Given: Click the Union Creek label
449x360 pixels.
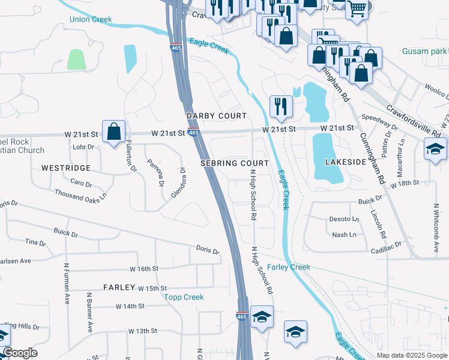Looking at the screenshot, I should tap(91, 19).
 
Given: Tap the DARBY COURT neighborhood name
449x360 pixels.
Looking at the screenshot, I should tap(216, 116).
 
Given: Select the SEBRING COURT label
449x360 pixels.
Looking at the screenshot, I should tap(234, 163).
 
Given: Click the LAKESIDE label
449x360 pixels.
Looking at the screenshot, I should tap(345, 162).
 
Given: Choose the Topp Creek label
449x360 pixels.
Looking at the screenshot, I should tap(185, 297).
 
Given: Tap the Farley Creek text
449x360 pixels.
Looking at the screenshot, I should tap(288, 267).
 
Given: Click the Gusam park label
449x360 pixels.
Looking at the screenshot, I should tap(425, 51).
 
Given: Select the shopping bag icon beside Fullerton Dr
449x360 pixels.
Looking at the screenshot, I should tap(113, 131).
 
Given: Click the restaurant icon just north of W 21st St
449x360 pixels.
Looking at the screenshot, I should tap(281, 106).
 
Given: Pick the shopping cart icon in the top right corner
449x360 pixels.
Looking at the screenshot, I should tap(357, 8).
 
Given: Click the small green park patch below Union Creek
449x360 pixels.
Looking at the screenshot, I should tap(76, 59).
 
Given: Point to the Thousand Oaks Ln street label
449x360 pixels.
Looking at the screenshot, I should tap(80, 194).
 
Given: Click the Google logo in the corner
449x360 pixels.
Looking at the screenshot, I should tap(20, 353).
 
